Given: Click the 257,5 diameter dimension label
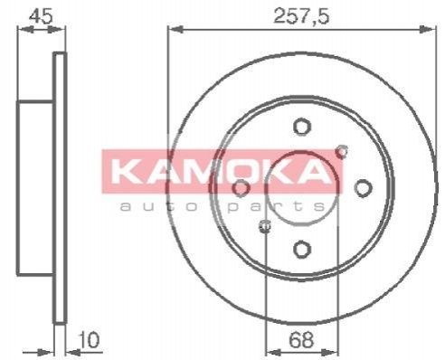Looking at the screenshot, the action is [301, 15].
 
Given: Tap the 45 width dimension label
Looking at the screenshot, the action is [42, 15].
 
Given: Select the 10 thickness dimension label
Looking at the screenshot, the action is [90, 340].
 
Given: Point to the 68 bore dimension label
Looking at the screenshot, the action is [301, 340].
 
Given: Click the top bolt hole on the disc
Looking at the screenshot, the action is [302, 127].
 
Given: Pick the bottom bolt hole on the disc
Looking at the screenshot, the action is [302, 249].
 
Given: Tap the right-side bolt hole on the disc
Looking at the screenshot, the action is [363, 187].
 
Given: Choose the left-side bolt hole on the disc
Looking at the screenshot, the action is [241, 188].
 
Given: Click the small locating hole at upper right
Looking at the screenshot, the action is [342, 152].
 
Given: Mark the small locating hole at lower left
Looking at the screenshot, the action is [265, 226].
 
